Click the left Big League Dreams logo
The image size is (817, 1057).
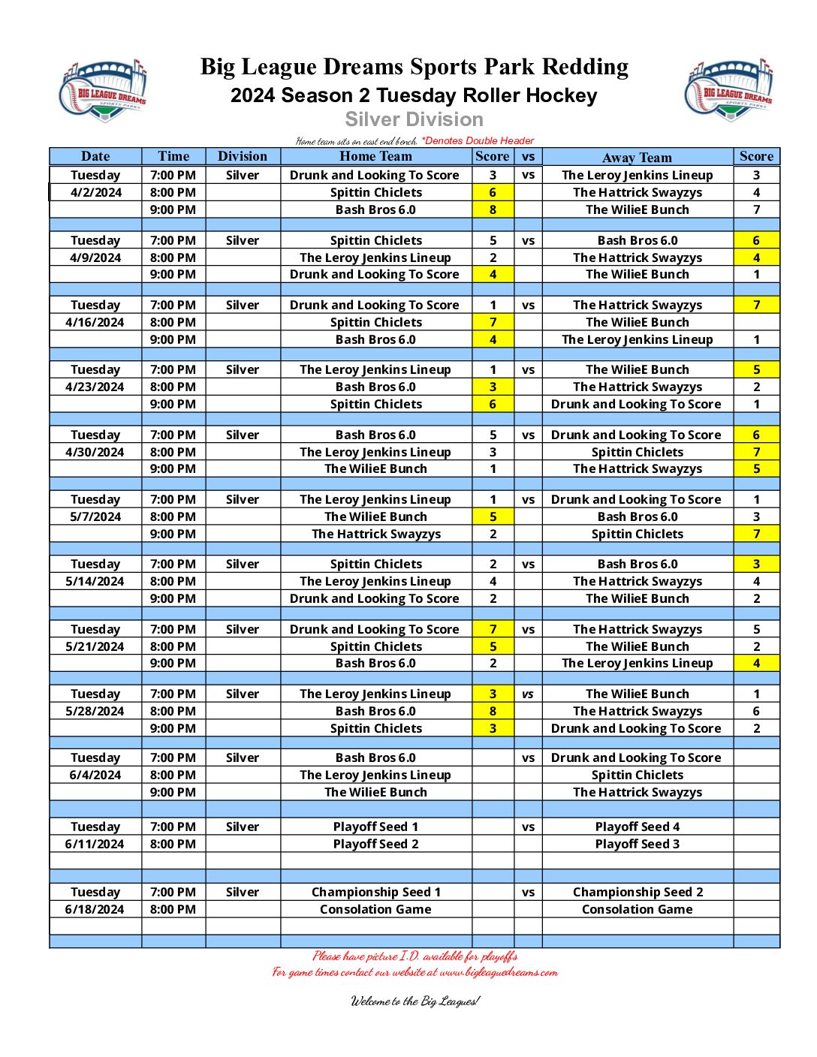pos(103,89)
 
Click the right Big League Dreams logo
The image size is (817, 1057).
pos(728,89)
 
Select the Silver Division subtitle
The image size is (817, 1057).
pos(414,119)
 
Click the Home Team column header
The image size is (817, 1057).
pos(375,156)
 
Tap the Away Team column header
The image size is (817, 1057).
pos(637,157)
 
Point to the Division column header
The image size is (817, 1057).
pos(243,156)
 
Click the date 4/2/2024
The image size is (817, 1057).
pos(96,192)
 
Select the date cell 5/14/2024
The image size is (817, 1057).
pos(95,581)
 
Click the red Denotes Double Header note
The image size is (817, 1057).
pos(478,140)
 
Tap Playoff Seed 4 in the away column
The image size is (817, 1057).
pos(637,827)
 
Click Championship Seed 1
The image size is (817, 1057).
pos(375,892)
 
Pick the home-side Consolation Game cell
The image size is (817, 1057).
pos(375,909)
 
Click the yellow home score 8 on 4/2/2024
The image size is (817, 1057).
pos(493,209)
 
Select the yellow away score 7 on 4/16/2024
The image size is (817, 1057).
pos(756,305)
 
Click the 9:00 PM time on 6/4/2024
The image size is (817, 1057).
pos(173,792)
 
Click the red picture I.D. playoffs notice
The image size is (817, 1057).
pos(415,956)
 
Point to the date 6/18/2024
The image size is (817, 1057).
pos(95,909)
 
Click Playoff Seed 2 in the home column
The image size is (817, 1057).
pos(375,844)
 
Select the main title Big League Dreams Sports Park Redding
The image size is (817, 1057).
pos(414,67)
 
